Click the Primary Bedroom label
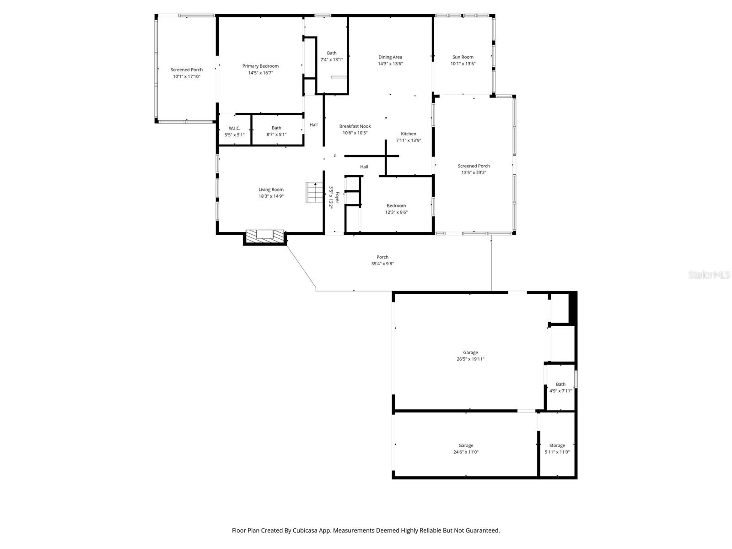pos(260,66)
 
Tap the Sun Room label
pos(463,57)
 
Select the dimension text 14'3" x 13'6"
pos(390,64)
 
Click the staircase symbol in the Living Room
pos(314,192)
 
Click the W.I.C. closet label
pos(234,128)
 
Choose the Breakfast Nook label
pos(355,126)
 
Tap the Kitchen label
pos(409,134)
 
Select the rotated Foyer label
pos(337,198)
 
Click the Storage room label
pos(557,445)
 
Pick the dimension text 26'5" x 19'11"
pos(470,359)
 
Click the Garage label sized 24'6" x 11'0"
pos(466,445)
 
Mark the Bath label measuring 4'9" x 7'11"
pos(560,384)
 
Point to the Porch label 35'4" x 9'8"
pos(382,257)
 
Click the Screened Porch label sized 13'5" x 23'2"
pos(474,166)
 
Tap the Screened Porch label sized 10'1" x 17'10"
pos(187,70)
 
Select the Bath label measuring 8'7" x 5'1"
pos(276,128)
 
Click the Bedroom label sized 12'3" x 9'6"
pos(396,206)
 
